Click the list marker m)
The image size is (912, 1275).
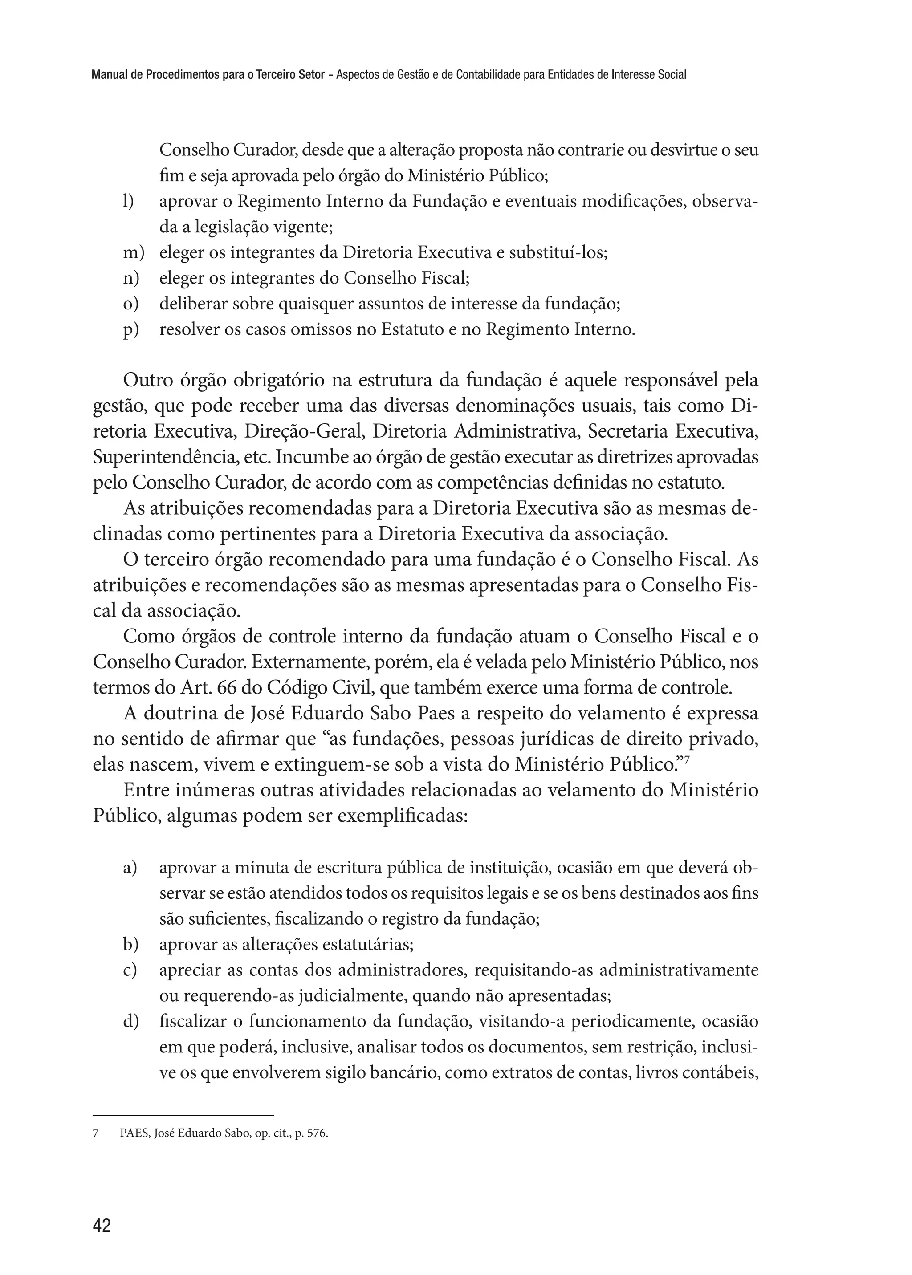coord(133,253)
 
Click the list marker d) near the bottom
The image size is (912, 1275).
coord(130,1021)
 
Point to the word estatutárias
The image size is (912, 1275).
coord(367,945)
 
